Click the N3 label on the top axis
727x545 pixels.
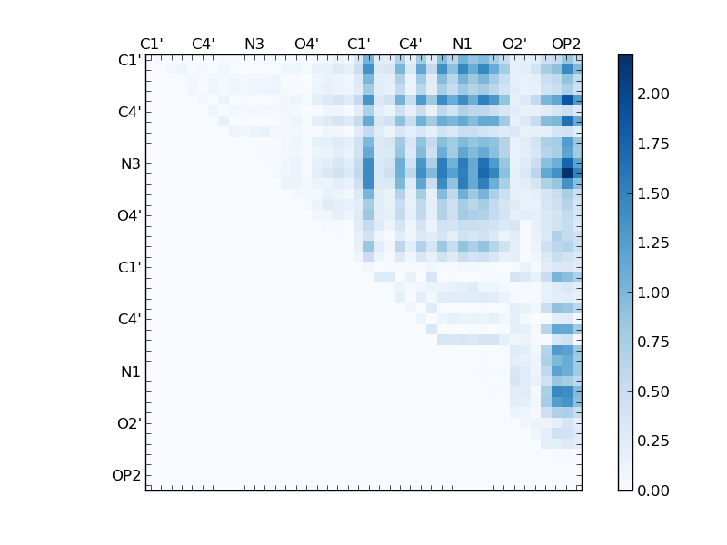coord(254,45)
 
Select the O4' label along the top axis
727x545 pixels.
coord(306,45)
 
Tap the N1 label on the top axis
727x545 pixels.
coord(463,45)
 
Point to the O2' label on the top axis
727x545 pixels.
coord(514,45)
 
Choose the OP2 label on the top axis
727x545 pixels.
coord(566,45)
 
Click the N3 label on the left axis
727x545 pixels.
coord(130,164)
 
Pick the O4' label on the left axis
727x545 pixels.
coord(128,216)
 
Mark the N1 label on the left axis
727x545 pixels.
coord(130,372)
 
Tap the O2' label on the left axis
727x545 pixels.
coord(128,423)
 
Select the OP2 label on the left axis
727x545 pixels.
coord(126,475)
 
